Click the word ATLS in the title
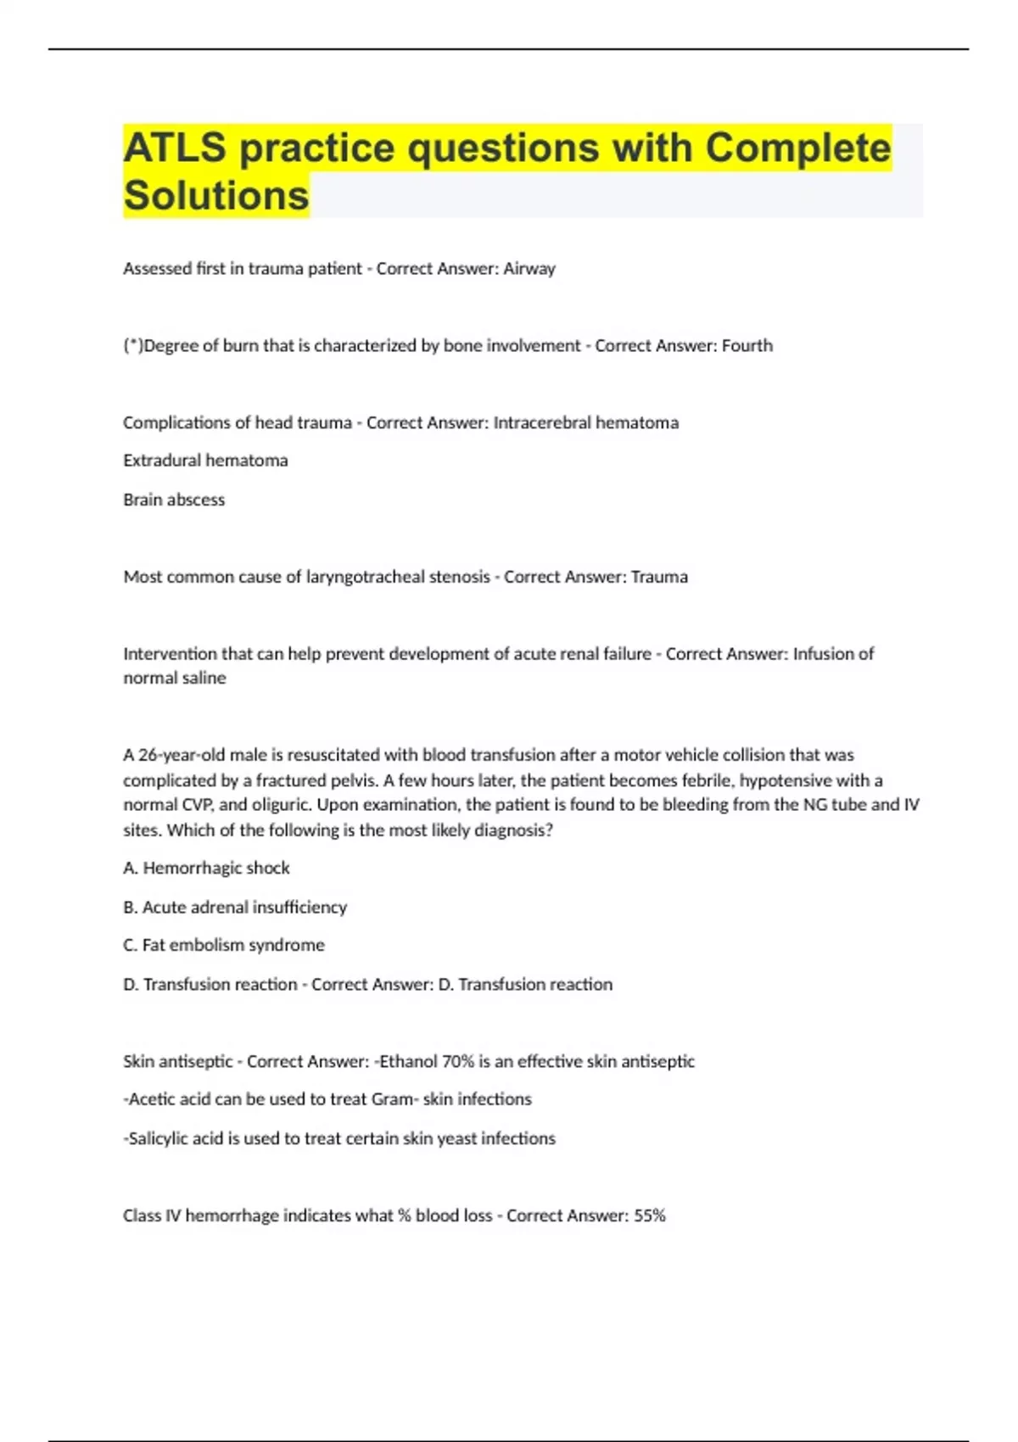175,148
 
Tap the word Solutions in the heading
216,196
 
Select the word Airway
529,269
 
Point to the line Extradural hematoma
205,461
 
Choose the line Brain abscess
174,500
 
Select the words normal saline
175,678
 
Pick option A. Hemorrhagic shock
206,868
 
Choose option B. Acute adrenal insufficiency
235,907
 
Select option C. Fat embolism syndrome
224,945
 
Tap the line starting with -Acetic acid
327,1099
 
